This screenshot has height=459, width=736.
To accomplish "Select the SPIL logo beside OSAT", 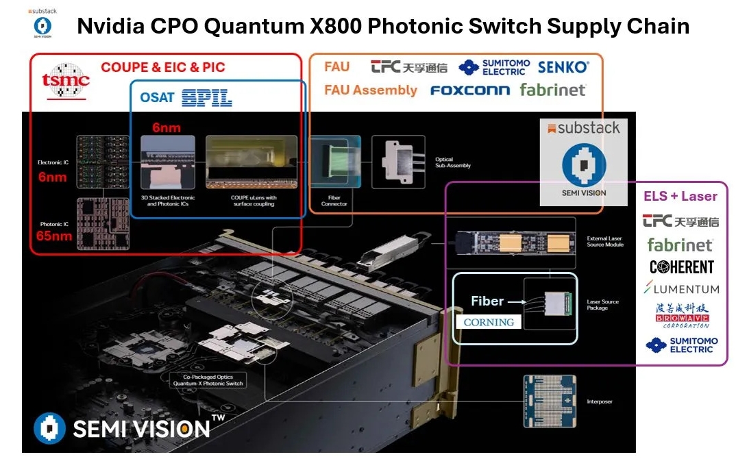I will (x=207, y=98).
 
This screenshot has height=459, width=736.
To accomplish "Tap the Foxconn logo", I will (x=470, y=90).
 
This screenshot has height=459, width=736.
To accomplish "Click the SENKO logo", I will (x=563, y=67).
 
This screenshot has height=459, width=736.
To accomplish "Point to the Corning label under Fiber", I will (x=489, y=322).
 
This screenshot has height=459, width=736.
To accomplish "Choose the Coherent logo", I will (x=681, y=267).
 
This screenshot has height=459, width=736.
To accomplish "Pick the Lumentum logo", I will (x=681, y=289).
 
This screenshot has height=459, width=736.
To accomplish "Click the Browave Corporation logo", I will (x=681, y=315).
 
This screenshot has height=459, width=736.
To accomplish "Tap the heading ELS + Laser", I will (x=680, y=197).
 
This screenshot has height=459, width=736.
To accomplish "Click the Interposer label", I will (x=600, y=401).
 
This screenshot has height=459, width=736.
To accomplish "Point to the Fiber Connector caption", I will (x=334, y=201).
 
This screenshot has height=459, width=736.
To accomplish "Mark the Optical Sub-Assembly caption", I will (x=453, y=163).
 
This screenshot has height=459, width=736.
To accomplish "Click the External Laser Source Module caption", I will (x=605, y=241).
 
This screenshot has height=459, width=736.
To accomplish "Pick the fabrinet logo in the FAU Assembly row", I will (x=552, y=90).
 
